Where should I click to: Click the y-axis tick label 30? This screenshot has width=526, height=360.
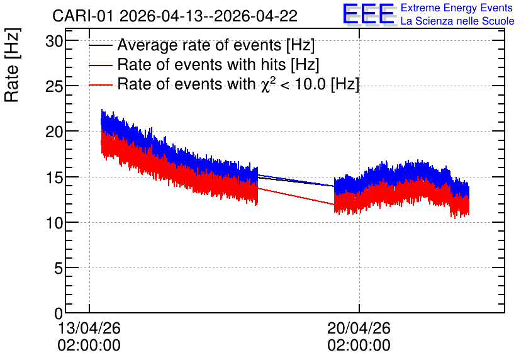point(54,42)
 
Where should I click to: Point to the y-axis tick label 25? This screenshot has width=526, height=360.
point(54,87)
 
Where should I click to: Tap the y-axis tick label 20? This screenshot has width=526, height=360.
point(54,132)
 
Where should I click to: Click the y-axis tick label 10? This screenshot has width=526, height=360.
point(54,223)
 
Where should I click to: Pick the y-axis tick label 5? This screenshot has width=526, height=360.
point(59,268)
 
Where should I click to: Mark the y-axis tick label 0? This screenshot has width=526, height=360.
point(59,313)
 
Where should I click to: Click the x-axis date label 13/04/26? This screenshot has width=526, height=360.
point(89,328)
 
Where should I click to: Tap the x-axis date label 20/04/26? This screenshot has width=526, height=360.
point(359,328)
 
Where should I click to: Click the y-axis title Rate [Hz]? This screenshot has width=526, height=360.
point(12,65)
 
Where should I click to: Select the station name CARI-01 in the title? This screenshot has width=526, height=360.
point(83,16)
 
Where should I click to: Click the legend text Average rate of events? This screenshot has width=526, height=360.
point(199,45)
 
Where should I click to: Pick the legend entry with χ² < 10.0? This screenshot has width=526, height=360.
point(238,84)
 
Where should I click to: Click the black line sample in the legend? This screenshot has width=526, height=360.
point(101,45)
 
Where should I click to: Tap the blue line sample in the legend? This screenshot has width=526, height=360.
point(101,65)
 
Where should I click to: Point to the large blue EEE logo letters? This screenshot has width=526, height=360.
point(368,14)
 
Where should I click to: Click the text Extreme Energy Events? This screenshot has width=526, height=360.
point(457,8)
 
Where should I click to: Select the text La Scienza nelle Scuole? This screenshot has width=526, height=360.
point(457,21)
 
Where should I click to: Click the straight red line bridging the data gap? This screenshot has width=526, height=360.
point(296,196)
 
